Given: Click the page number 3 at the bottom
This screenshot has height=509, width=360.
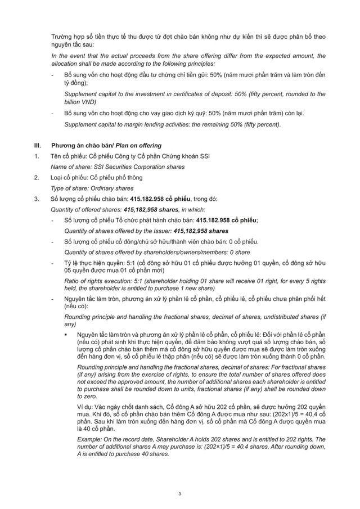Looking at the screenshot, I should (179, 493).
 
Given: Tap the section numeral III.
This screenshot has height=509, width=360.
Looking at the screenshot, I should (38, 145).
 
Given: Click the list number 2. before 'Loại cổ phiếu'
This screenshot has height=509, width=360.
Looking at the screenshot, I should (37, 178).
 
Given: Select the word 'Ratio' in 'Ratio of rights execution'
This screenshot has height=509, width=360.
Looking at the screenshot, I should (73, 280).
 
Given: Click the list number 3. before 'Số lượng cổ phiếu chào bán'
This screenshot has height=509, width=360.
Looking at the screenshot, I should (37, 199).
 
